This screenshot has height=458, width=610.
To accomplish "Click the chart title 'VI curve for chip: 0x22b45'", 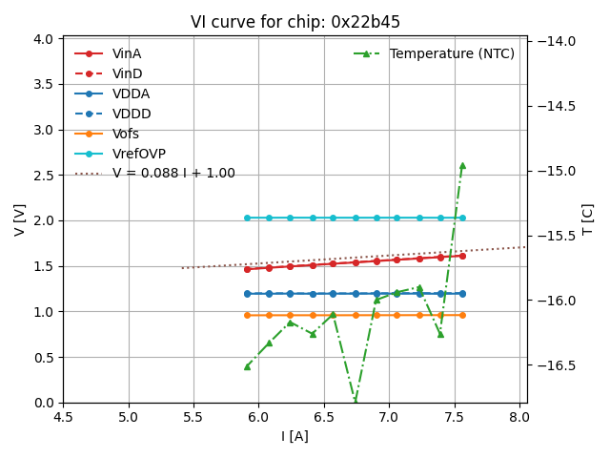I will pyautogui.click(x=295, y=22).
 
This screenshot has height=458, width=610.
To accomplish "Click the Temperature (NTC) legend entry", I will pyautogui.click(x=451, y=53).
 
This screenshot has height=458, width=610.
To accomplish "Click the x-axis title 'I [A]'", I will pyautogui.click(x=295, y=436).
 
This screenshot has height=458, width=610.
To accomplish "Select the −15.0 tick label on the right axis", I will pyautogui.click(x=557, y=171).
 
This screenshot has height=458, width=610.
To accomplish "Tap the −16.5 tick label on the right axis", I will pyautogui.click(x=557, y=365).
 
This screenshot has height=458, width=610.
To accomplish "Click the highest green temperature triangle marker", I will pyautogui.click(x=462, y=165).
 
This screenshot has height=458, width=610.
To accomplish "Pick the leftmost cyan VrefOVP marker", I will pyautogui.click(x=247, y=218).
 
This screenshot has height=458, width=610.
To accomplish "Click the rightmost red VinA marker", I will pyautogui.click(x=462, y=256).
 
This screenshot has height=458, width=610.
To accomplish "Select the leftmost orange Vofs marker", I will pyautogui.click(x=247, y=315).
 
